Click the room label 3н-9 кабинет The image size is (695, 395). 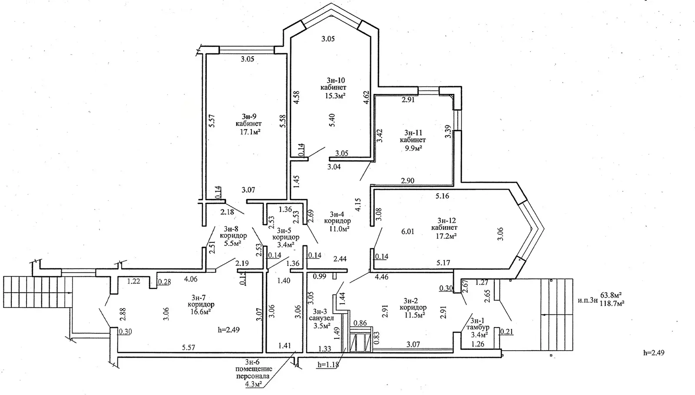point(249,124)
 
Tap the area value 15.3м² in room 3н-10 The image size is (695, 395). point(335,95)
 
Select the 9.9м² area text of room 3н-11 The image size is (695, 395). point(413,148)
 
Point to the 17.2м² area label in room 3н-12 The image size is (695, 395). point(444,235)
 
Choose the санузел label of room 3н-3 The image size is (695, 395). point(322,318)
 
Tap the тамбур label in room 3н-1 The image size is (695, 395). point(477,327)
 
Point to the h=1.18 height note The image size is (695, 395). point(328,365)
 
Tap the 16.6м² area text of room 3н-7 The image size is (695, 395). point(201,312)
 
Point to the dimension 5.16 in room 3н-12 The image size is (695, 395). point(442,196)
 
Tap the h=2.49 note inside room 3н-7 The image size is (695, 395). point(228,330)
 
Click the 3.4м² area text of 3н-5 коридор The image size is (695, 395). point(285,245)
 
